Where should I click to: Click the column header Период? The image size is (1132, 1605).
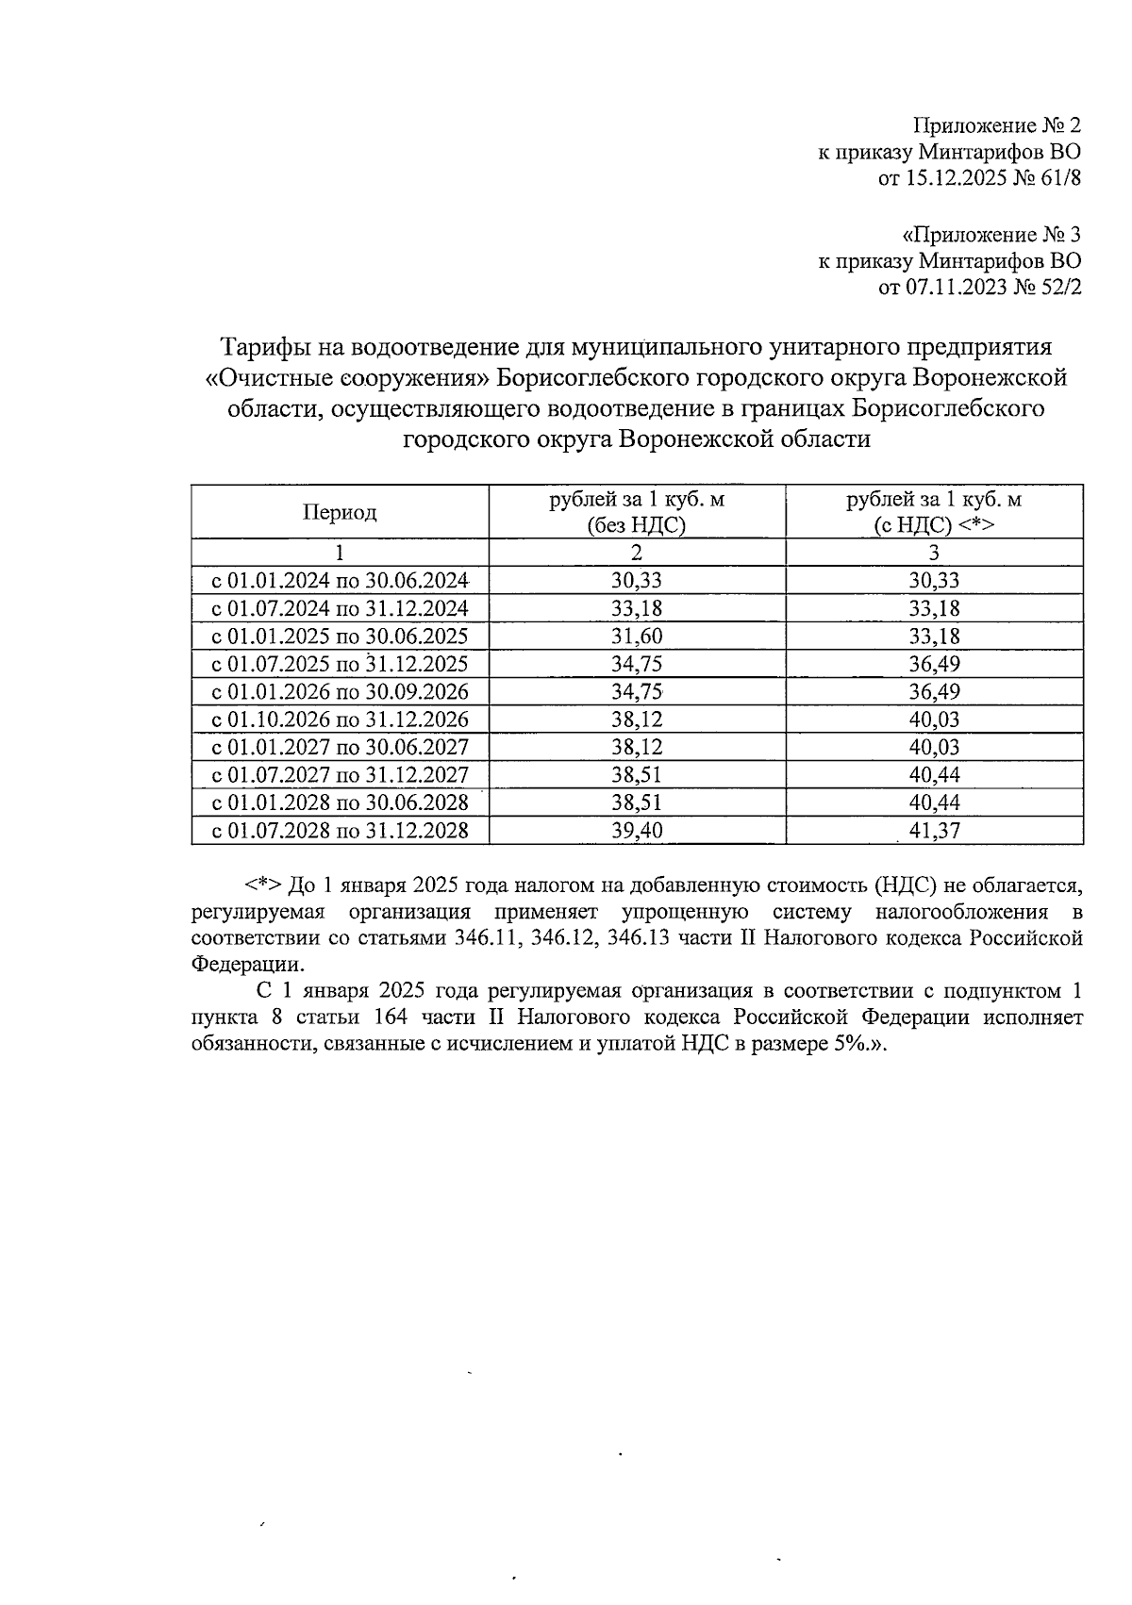pos(340,512)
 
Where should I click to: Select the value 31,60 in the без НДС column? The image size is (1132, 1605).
pos(637,636)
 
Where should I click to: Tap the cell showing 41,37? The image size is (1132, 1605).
pos(934,831)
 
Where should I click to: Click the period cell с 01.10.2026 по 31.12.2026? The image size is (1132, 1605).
pos(340,720)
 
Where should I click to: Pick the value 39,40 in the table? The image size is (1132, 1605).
pos(637,831)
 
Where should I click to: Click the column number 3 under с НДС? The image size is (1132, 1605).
pos(934,553)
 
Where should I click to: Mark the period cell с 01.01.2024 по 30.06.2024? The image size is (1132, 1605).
pos(340,580)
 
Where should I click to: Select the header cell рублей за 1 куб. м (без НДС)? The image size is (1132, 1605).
pos(637,512)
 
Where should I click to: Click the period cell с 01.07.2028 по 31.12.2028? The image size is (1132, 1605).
pos(340,831)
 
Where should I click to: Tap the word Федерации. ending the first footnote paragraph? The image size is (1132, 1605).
pos(248,965)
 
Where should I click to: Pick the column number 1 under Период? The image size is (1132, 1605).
pos(340,553)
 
